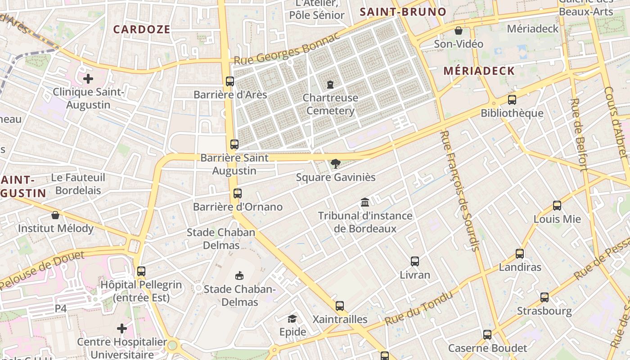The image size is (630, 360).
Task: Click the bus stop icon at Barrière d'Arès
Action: coord(230,81)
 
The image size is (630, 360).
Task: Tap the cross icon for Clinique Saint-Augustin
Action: coord(88,79)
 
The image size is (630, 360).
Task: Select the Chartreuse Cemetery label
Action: coord(330,104)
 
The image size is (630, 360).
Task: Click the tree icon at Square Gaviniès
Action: coord(335,164)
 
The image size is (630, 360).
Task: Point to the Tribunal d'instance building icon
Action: coord(365,202)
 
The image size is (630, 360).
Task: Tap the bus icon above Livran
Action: coord(415,261)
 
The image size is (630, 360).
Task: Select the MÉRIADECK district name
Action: coord(479,71)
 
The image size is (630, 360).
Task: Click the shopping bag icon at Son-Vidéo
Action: coord(459,31)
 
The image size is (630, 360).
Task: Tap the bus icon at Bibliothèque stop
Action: coord(512,100)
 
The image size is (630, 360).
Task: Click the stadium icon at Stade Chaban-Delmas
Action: coord(239,275)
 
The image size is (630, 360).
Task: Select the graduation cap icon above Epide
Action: coord(292,319)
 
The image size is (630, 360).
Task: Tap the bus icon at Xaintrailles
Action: coord(340,306)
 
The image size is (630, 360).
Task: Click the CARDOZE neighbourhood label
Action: coord(142,30)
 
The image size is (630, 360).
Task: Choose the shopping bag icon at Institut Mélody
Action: coord(55,215)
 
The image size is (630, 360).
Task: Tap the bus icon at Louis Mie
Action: coord(557,206)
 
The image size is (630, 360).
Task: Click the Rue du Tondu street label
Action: coord(418,309)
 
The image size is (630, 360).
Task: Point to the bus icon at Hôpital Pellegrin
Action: coord(141,271)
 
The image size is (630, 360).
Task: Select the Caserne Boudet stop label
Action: coord(487,348)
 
